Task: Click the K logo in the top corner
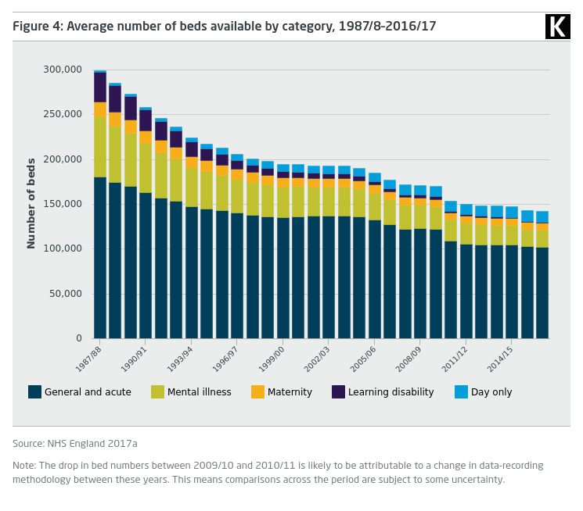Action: click(x=557, y=27)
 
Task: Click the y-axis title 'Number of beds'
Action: click(x=31, y=203)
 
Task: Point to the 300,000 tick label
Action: click(x=62, y=70)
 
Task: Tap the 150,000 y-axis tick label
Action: click(x=62, y=204)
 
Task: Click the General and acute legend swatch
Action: click(x=34, y=392)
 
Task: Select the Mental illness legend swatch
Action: click(x=157, y=392)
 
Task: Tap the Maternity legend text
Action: click(x=290, y=392)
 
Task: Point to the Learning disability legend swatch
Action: click(x=338, y=392)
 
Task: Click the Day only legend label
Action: click(x=491, y=392)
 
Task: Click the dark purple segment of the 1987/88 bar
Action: click(x=100, y=88)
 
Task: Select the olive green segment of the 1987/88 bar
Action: click(x=100, y=147)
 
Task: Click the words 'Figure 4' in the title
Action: click(x=36, y=27)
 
